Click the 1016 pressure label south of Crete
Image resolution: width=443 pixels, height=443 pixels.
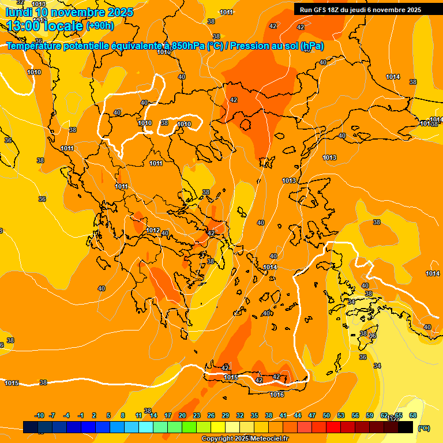coord(277,395)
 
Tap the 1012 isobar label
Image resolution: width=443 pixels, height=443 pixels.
coord(153,230)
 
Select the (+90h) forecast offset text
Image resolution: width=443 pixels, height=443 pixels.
coord(100,25)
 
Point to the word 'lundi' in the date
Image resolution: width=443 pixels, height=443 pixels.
coord(18,12)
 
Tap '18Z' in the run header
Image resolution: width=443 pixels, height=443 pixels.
coord(337,10)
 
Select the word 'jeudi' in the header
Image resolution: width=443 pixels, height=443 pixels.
coord(366,10)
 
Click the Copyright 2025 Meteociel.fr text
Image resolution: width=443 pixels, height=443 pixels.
coord(245,439)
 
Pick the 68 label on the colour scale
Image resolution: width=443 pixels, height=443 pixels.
coord(413,415)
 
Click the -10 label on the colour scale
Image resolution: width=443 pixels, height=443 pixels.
coord(39,415)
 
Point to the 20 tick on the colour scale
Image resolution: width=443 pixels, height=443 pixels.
coord(182,415)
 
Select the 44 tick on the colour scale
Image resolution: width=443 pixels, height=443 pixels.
coord(298,415)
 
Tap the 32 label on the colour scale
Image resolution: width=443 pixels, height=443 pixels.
coord(240,415)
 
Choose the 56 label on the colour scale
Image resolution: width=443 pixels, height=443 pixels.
coord(355,415)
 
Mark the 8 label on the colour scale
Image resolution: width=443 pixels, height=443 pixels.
coord(123,415)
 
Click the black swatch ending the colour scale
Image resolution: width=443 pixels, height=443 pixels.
coord(406,427)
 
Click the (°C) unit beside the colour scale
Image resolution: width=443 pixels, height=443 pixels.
coord(423,428)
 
